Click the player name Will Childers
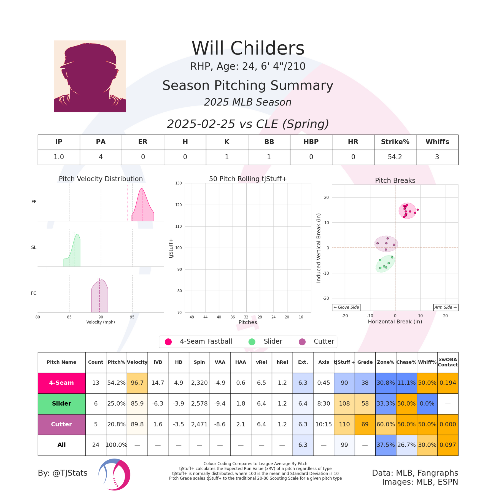click(248, 48)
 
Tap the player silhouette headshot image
click(90, 76)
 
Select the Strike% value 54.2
click(395, 157)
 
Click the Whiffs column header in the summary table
click(437, 142)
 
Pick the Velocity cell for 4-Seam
click(137, 383)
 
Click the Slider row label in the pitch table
click(61, 404)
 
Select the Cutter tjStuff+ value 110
click(344, 424)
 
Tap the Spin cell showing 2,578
click(199, 404)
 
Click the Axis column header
click(324, 362)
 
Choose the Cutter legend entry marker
click(302, 342)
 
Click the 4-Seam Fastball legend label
click(206, 341)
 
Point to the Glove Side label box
click(346, 307)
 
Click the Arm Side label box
click(446, 307)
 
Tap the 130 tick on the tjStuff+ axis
click(179, 183)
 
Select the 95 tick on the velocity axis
click(132, 317)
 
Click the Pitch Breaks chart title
click(395, 180)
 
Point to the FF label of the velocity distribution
click(34, 202)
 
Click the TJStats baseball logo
click(114, 475)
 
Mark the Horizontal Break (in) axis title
click(395, 322)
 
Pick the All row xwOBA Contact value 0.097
click(448, 445)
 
